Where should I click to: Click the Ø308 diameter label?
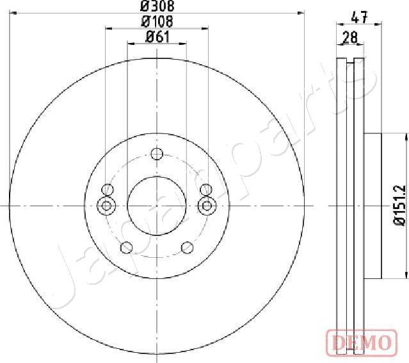tap(157, 6)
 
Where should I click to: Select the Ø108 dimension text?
tap(157, 22)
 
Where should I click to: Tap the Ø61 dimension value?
tap(157, 37)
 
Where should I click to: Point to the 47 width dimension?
tap(360, 18)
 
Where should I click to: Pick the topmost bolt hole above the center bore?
tap(157, 153)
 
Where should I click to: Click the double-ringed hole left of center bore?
tap(107, 205)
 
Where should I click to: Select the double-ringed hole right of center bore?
tap(207, 205)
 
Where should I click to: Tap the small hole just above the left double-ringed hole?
tap(108, 189)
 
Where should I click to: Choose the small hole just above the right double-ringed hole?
tap(206, 189)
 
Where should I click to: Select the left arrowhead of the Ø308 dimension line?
tap(13, 13)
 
